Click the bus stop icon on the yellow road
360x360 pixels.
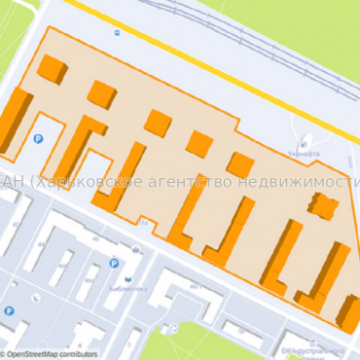coord(117,31)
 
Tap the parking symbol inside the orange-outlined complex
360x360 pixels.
coord(39,140)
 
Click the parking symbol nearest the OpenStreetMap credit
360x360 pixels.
coord(9,311)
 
